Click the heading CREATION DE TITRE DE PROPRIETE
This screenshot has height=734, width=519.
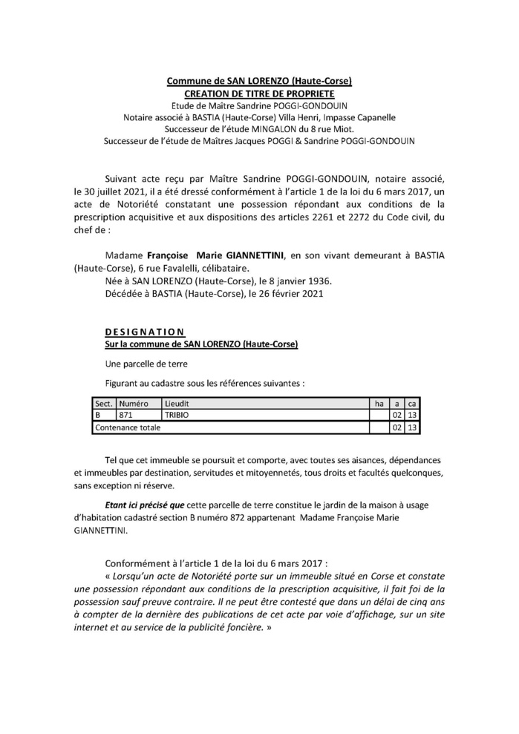[259, 94]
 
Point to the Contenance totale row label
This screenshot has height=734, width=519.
[125, 427]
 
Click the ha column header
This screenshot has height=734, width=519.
[379, 403]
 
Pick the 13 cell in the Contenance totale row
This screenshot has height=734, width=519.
[413, 427]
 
